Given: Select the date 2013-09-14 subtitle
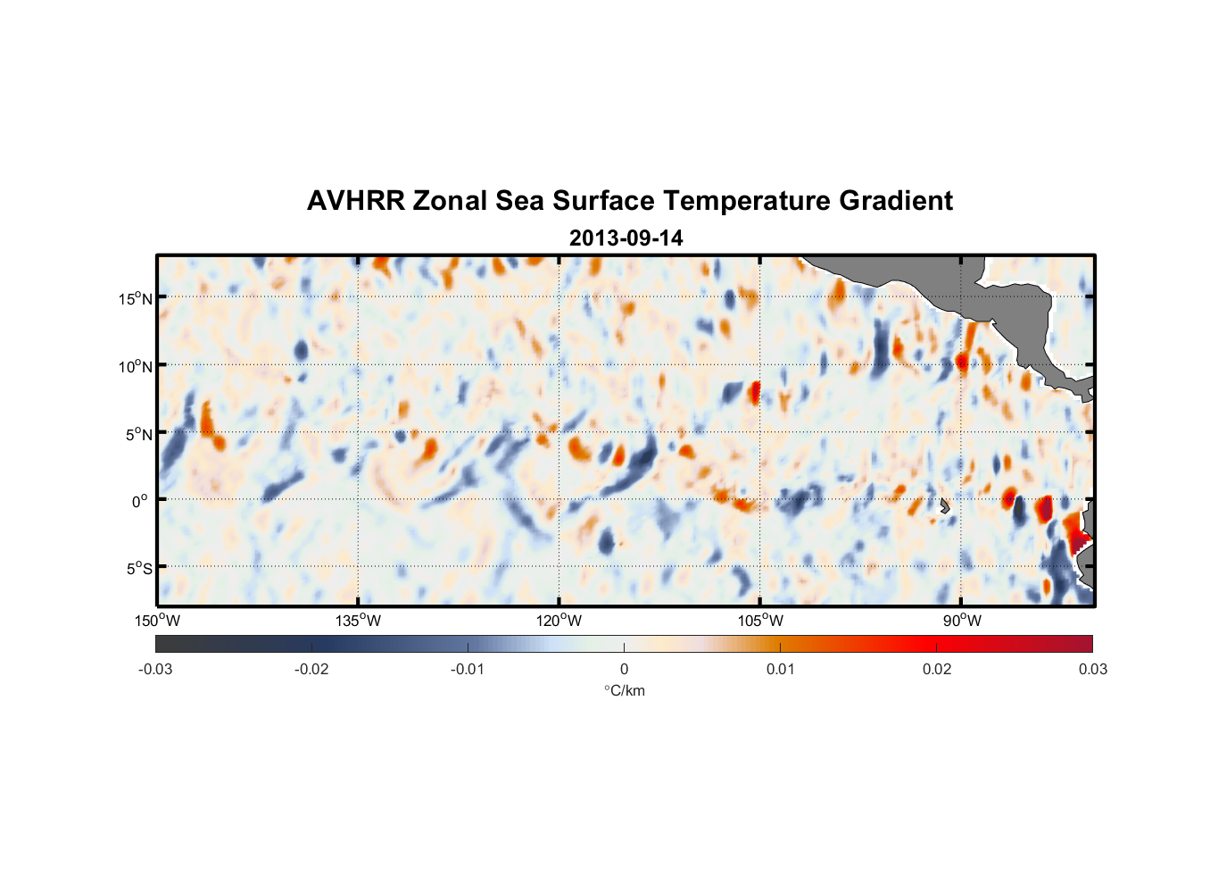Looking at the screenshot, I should tap(626, 238).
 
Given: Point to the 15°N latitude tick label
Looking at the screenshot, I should tap(136, 298).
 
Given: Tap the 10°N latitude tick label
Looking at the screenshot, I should tap(136, 366).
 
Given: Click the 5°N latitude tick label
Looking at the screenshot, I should tap(138, 434).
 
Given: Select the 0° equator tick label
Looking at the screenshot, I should tap(140, 501).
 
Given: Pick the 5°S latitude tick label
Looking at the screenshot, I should tap(138, 569).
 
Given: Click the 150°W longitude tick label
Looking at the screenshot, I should tap(158, 621).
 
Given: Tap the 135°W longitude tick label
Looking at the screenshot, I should tap(359, 621).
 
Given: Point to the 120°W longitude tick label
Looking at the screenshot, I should tap(559, 621).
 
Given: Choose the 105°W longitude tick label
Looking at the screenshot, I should tap(760, 621).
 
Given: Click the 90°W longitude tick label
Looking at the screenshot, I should tap(961, 621).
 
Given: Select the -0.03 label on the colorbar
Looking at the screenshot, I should tap(155, 670).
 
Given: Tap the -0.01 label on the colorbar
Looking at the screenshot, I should tap(468, 670).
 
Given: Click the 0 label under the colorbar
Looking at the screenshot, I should tap(624, 670).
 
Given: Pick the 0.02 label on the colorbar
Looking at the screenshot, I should tap(937, 670).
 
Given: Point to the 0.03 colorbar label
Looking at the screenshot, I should tap(1092, 670).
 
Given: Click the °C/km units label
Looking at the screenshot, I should tap(624, 690).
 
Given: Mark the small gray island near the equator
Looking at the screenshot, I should tap(944, 505).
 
